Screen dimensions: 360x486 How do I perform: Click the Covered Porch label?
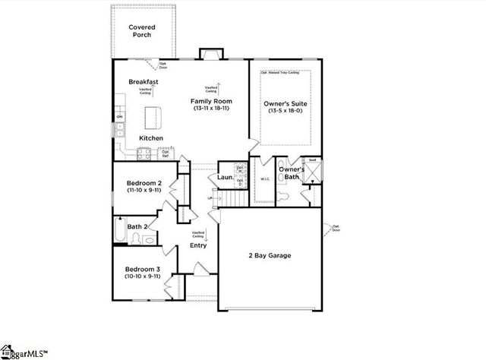[141, 30]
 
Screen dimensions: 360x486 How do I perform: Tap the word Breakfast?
[143, 81]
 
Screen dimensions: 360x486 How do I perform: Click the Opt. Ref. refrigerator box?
[166, 153]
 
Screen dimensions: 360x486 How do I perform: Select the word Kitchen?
[150, 138]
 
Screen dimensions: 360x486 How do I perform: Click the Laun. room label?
[225, 178]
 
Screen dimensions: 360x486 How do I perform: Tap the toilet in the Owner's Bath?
[283, 195]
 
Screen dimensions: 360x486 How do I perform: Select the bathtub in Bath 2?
[119, 231]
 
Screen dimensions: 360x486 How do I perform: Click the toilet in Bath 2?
[134, 240]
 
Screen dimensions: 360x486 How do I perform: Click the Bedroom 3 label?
[142, 269]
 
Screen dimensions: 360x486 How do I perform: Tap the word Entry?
[197, 245]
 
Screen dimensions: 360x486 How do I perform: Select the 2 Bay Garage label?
[270, 255]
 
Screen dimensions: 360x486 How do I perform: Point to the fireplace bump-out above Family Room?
[209, 55]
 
